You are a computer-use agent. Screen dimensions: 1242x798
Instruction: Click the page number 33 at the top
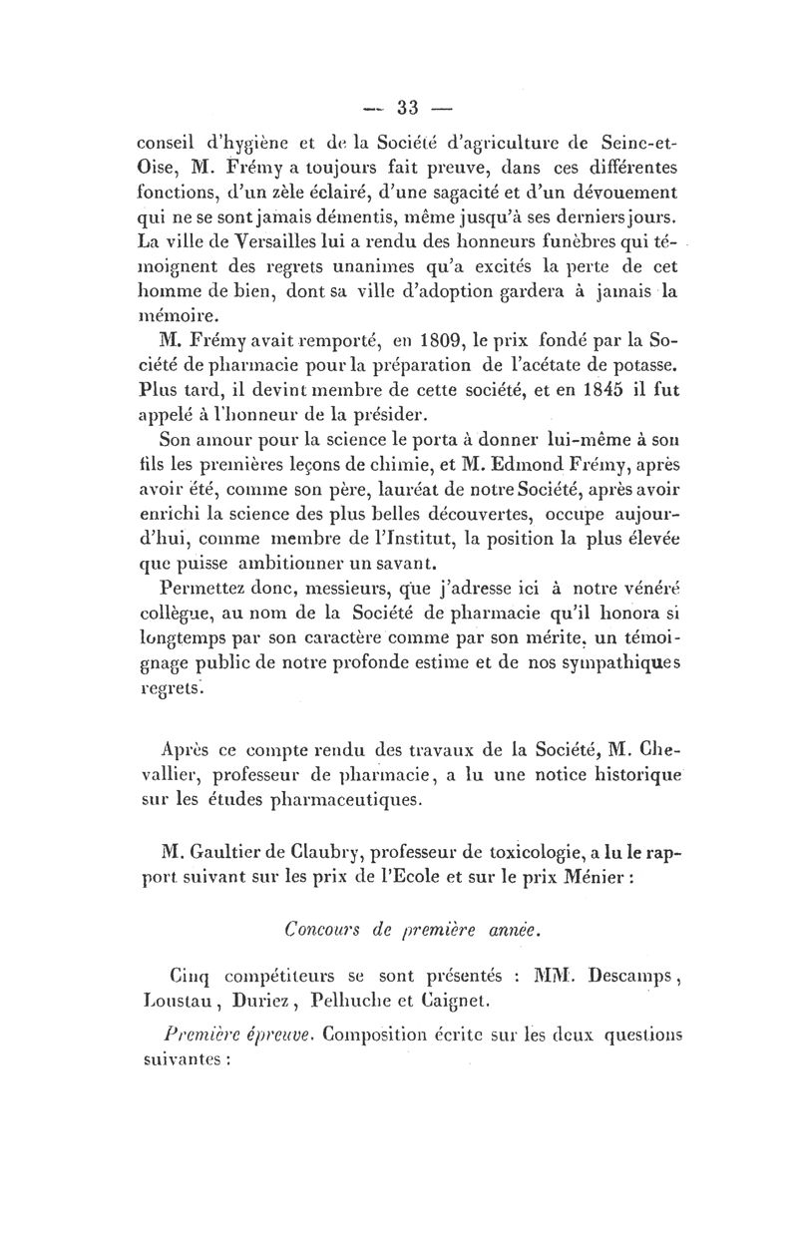[x=409, y=107]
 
